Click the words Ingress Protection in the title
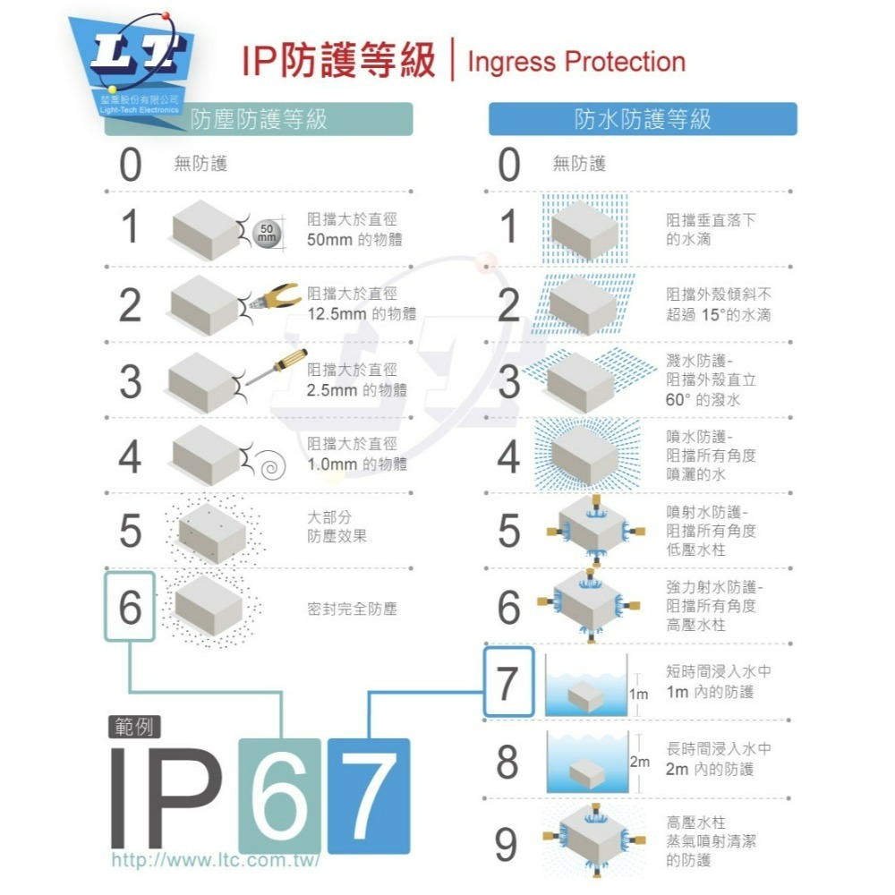tap(576, 62)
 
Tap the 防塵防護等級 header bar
tap(259, 119)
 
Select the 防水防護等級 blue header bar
tap(642, 119)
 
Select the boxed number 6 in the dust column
tap(131, 608)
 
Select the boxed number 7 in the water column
tap(508, 683)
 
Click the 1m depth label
tap(638, 694)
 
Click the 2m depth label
tap(639, 763)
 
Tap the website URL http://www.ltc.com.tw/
tap(215, 860)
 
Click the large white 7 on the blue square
tap(369, 796)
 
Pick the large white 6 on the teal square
tap(280, 796)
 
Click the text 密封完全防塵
tap(352, 609)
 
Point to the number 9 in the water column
tap(507, 842)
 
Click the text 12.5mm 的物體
tap(362, 314)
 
